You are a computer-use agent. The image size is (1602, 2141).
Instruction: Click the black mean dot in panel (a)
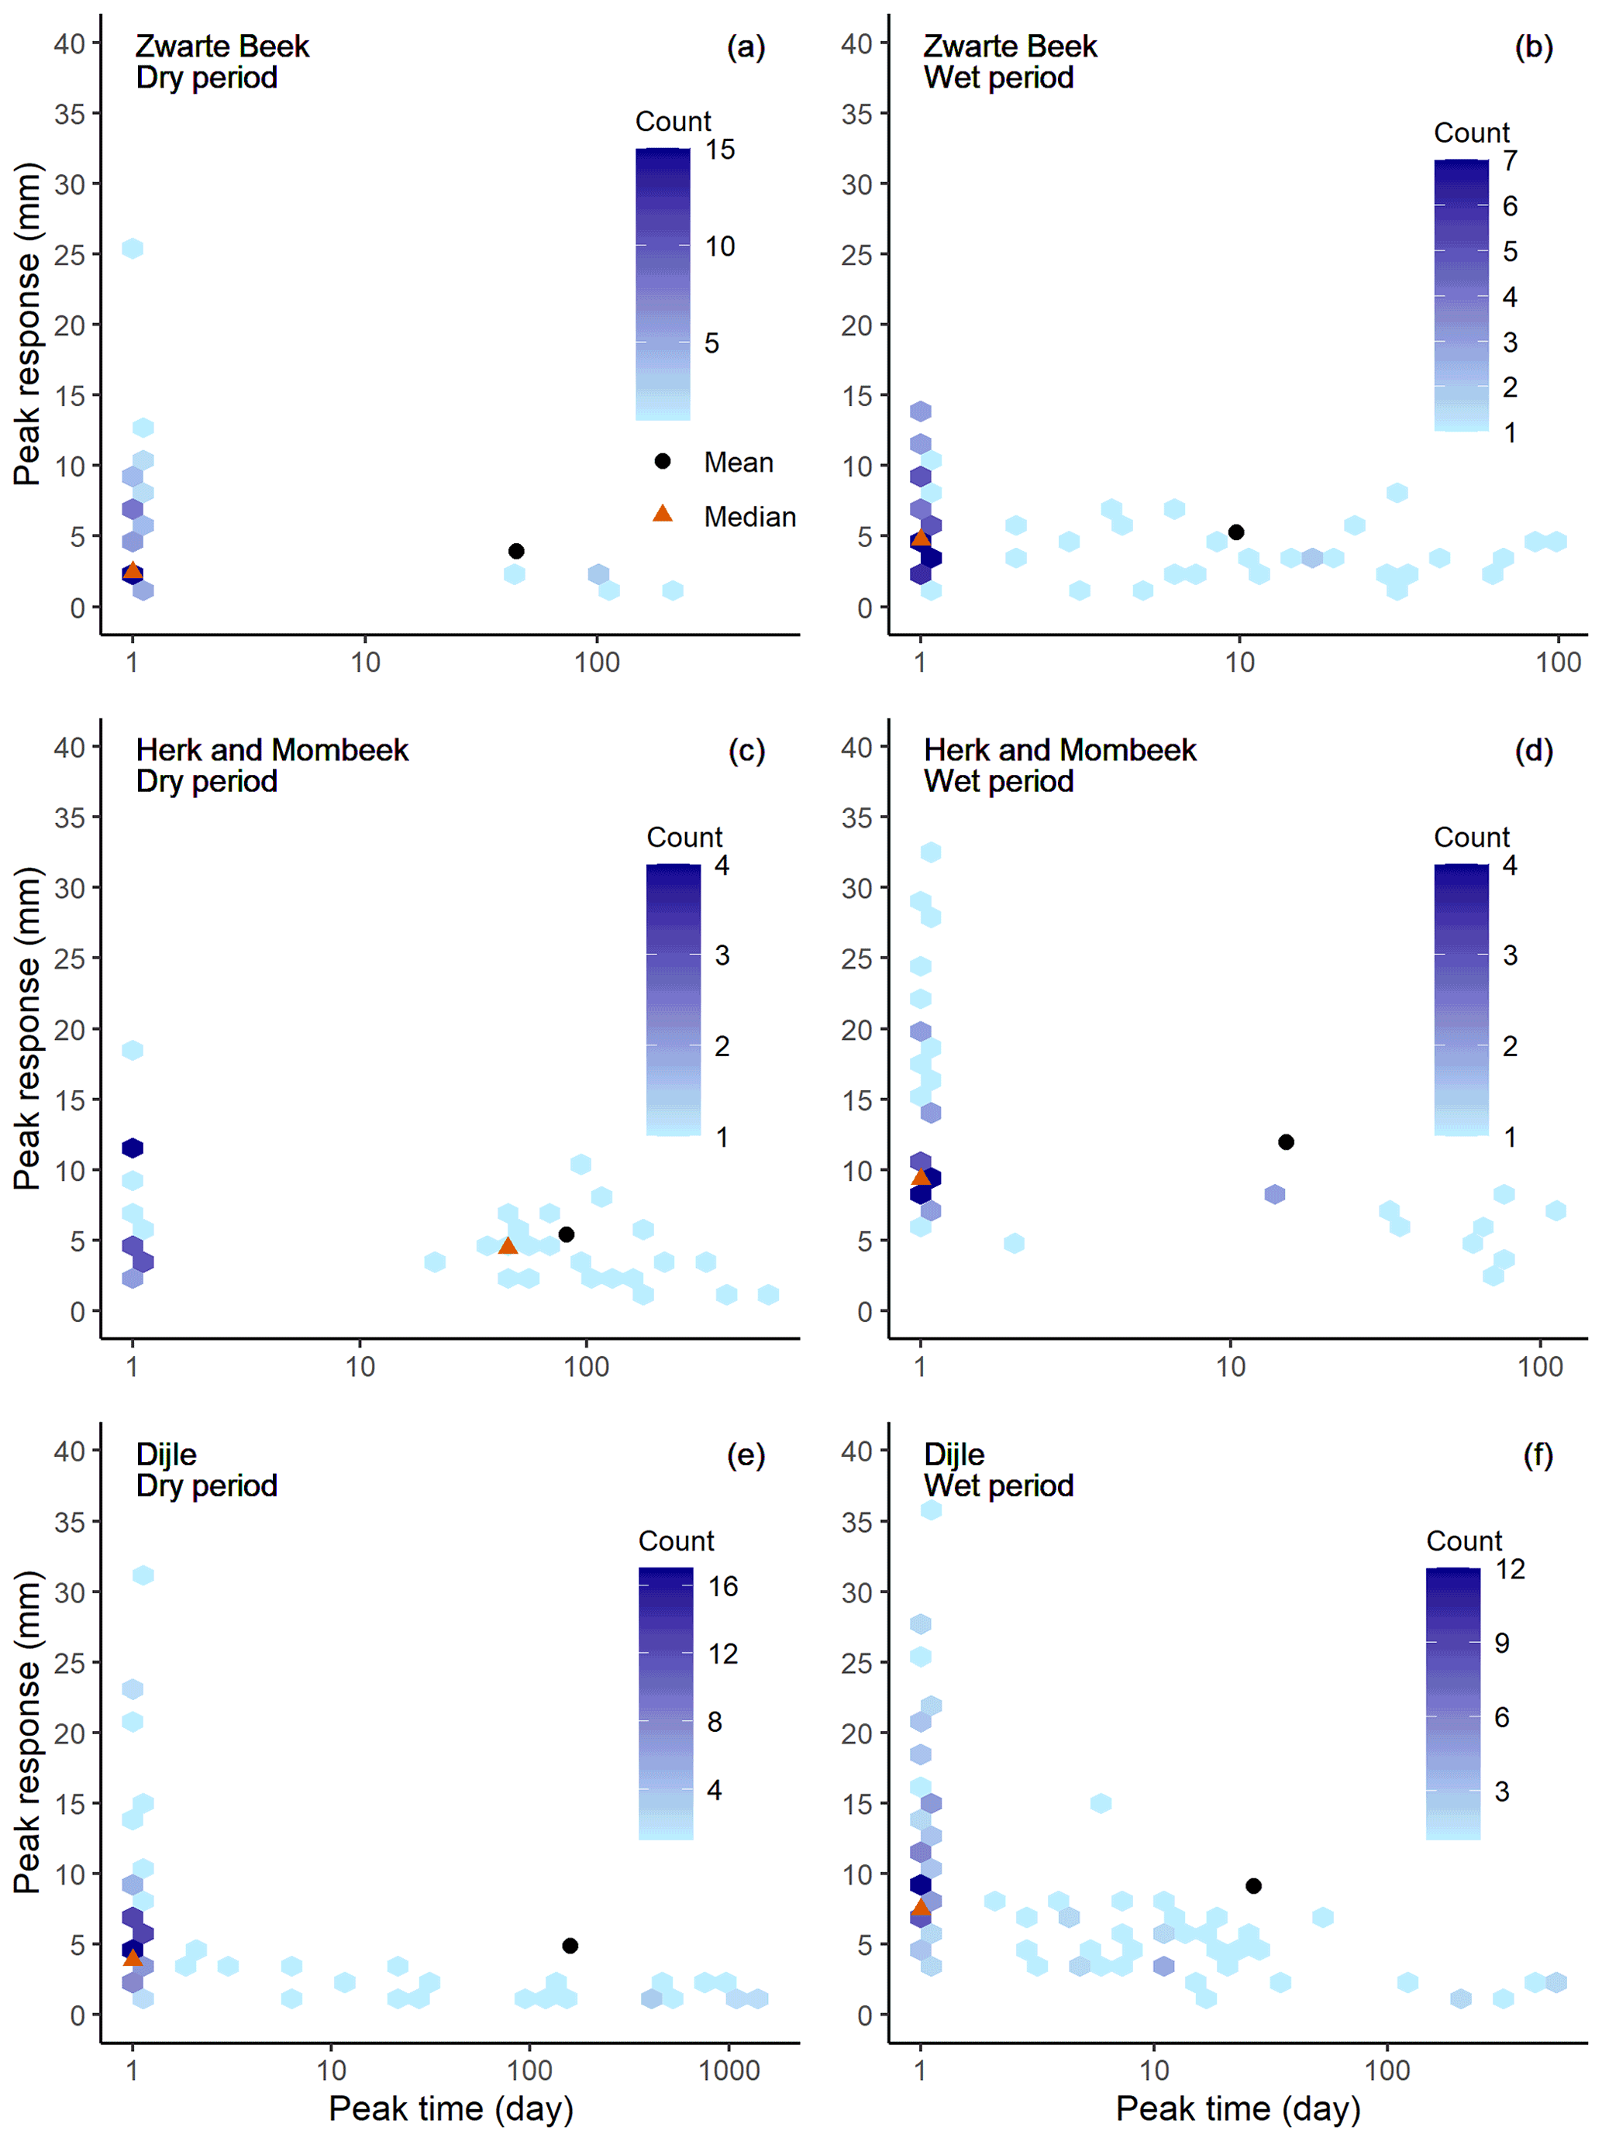(x=516, y=551)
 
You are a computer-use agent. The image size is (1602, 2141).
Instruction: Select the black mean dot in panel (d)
(x=1286, y=1142)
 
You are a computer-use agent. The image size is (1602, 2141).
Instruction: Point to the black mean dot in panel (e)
(x=570, y=1946)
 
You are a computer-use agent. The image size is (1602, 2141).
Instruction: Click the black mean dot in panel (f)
(x=1253, y=1885)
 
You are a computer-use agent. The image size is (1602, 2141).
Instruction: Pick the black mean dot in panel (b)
(x=1236, y=532)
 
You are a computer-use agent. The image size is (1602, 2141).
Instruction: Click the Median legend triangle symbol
(x=662, y=514)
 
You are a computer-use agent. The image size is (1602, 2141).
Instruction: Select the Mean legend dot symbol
(x=662, y=461)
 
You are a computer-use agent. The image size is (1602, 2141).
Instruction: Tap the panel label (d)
(x=1533, y=750)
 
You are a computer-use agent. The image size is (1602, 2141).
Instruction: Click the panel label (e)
(x=746, y=1454)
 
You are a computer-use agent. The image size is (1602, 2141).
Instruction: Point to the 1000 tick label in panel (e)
(x=729, y=2070)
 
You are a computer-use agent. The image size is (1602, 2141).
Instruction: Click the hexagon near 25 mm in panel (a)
(x=133, y=249)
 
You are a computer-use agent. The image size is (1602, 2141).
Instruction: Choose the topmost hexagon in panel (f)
(x=930, y=1510)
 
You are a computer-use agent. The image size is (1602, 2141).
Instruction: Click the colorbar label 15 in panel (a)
(x=719, y=150)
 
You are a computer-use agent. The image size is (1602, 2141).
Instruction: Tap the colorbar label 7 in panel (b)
(x=1510, y=162)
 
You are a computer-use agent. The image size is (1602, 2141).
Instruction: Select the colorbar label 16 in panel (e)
(x=722, y=1586)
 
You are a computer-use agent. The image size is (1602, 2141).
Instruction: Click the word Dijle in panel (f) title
(x=953, y=1454)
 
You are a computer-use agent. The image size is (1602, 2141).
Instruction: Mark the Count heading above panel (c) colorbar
(x=684, y=837)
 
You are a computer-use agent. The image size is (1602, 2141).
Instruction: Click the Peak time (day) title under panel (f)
(x=1238, y=2109)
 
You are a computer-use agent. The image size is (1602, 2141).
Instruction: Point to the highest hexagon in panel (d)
(x=930, y=852)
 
